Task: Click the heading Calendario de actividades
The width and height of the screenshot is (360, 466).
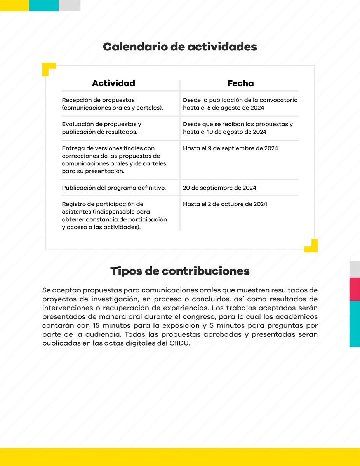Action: click(180, 47)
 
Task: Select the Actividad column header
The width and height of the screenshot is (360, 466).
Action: click(113, 83)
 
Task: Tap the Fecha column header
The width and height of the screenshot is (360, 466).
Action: click(240, 83)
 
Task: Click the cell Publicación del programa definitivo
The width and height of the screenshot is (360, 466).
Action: click(114, 188)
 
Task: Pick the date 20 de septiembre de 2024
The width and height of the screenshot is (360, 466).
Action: click(219, 188)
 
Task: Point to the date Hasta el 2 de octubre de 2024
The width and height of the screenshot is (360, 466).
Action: click(225, 204)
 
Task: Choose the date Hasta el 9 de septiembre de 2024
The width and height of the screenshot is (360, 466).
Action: click(230, 148)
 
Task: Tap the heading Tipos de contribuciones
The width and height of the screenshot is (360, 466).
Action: click(180, 271)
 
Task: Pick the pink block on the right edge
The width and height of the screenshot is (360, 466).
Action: click(355, 289)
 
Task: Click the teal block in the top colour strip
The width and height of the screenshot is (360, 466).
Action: click(43, 5)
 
